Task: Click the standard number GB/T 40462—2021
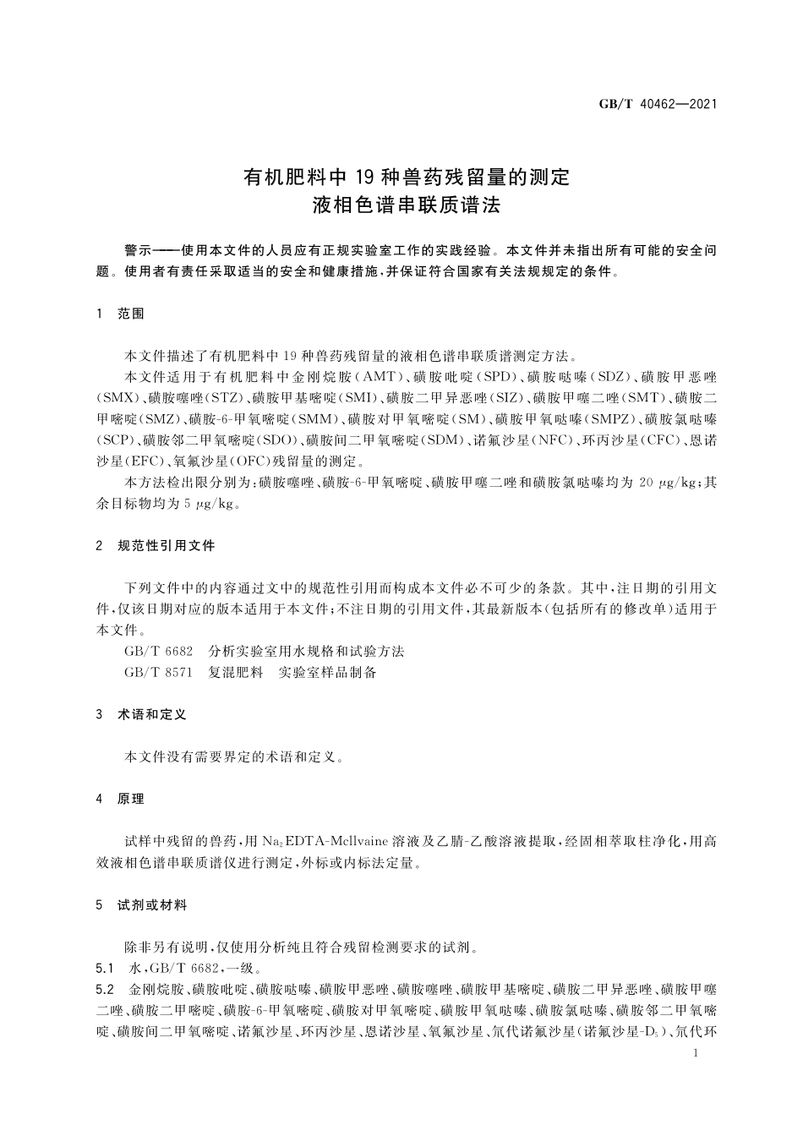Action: point(658,105)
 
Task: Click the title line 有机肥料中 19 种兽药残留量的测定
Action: point(407,177)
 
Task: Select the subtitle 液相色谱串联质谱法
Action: point(407,205)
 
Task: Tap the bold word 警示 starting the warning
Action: point(137,251)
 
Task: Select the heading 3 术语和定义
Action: point(141,714)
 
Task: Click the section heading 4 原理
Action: point(121,799)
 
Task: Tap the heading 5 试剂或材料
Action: point(141,905)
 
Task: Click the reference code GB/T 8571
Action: point(158,672)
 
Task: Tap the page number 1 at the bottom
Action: point(694,1053)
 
